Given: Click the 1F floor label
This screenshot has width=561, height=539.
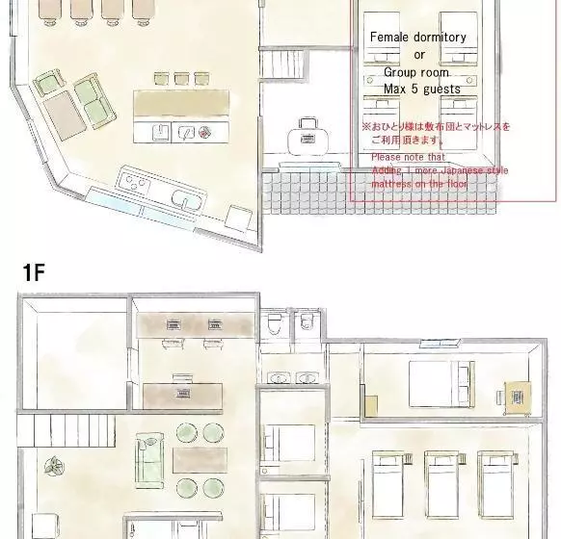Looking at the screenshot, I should pyautogui.click(x=33, y=272).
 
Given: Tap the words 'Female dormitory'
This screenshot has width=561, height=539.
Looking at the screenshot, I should pyautogui.click(x=417, y=38).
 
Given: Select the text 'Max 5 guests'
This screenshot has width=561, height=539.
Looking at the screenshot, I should pyautogui.click(x=421, y=89).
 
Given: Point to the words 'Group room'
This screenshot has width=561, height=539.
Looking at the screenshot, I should pyautogui.click(x=419, y=72).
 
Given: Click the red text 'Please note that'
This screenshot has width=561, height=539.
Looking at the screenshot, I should pyautogui.click(x=408, y=157).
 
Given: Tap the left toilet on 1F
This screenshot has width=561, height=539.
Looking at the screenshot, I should pyautogui.click(x=275, y=322).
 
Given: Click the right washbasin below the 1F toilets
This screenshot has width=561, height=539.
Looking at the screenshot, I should pyautogui.click(x=307, y=378).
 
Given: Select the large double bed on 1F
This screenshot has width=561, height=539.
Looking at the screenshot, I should pyautogui.click(x=440, y=385).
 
